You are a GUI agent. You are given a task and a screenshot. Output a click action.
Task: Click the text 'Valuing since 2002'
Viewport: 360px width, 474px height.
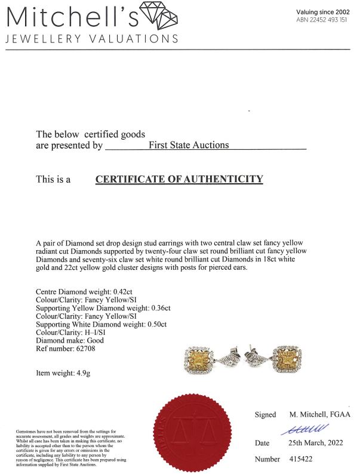point(322,12)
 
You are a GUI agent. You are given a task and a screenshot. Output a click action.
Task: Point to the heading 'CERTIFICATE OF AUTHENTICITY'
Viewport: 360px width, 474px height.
point(179,179)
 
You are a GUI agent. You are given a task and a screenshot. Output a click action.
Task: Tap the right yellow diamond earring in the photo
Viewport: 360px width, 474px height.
point(287,362)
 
